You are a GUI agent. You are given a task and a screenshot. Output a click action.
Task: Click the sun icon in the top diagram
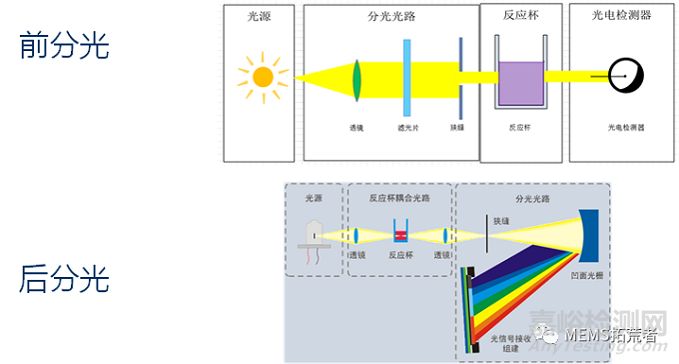click(x=263, y=75)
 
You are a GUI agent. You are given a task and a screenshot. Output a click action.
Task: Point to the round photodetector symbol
click(x=627, y=74)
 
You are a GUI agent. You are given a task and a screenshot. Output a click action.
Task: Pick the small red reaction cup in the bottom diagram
click(x=400, y=237)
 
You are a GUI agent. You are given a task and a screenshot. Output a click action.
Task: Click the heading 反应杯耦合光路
click(x=401, y=197)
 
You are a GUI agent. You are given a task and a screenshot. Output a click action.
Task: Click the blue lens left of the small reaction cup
click(x=356, y=237)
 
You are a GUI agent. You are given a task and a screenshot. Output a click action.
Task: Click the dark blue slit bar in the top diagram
click(x=460, y=78)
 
